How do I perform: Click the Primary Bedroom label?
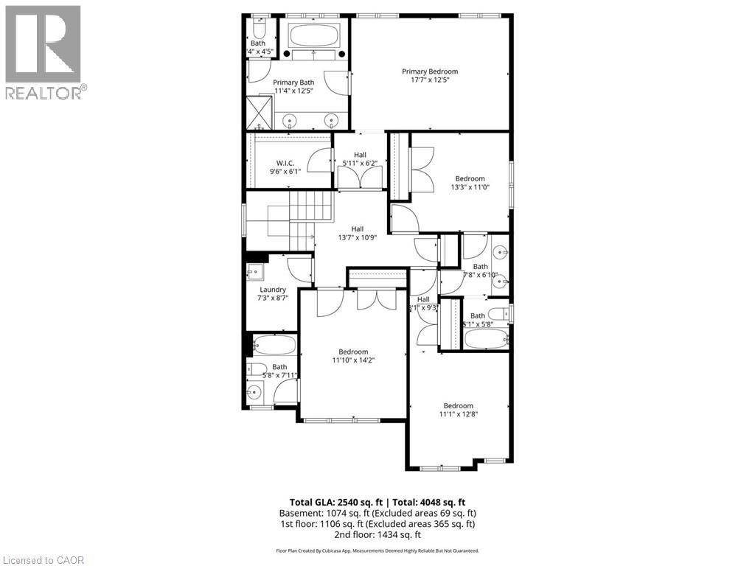(430, 71)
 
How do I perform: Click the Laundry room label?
(272, 290)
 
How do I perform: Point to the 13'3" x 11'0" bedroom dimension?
(470, 187)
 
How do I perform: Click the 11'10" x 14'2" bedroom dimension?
(353, 361)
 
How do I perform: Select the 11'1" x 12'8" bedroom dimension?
(458, 414)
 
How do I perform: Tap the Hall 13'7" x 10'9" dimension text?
(357, 237)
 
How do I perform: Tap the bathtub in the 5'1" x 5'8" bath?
(486, 339)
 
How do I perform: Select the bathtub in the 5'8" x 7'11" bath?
(274, 345)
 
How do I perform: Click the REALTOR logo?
(44, 52)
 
